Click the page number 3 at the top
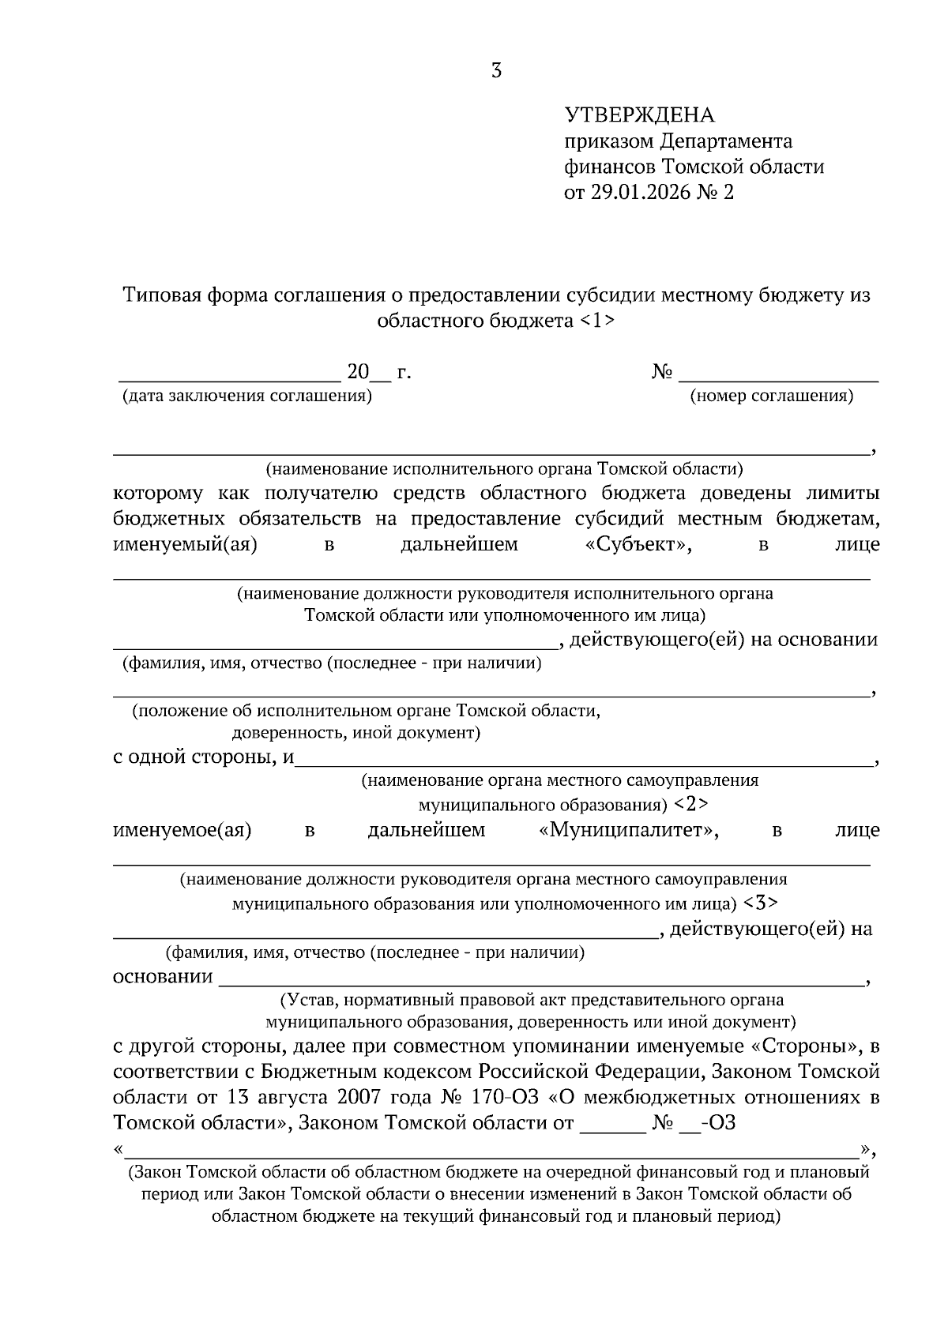pyautogui.click(x=496, y=72)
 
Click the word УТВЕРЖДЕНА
pyautogui.click(x=639, y=115)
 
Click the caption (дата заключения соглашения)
pyautogui.click(x=246, y=396)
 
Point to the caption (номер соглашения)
pyautogui.click(x=771, y=396)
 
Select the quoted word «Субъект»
pyautogui.click(x=634, y=544)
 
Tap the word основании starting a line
pyautogui.click(x=163, y=976)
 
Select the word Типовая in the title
pyautogui.click(x=163, y=295)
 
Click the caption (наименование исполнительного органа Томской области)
pyautogui.click(x=504, y=469)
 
